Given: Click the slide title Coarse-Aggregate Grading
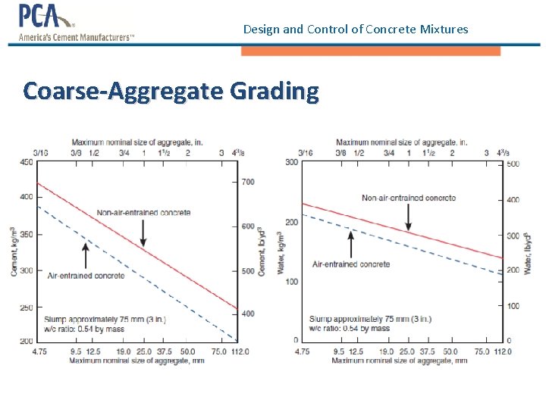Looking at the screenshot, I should (171, 91).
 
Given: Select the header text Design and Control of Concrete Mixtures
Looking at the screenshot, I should (356, 30).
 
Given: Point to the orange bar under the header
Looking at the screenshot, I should (370, 51).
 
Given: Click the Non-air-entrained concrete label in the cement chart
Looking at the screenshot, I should (143, 213).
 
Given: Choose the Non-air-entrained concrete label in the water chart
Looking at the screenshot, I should (409, 198).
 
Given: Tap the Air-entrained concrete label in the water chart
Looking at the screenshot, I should (351, 264).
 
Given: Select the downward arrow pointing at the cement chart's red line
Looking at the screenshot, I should (143, 233).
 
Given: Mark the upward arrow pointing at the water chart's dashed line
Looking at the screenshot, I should (351, 244).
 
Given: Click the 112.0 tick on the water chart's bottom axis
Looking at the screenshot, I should (502, 351).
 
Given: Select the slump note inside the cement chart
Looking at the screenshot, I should (105, 323).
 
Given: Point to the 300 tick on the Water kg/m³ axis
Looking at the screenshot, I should (291, 162).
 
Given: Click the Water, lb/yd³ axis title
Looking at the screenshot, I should (528, 252).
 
